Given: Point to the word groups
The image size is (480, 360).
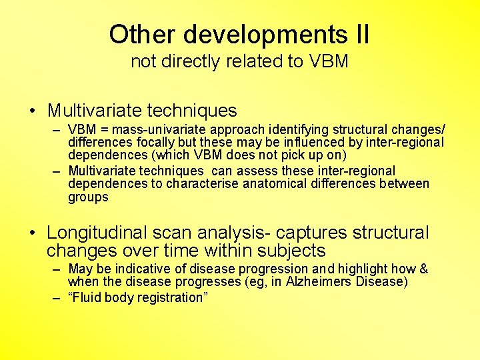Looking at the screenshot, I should tap(88, 198).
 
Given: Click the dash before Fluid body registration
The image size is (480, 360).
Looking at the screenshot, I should tap(58, 298).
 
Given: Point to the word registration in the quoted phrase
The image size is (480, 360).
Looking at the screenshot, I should tap(173, 298).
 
